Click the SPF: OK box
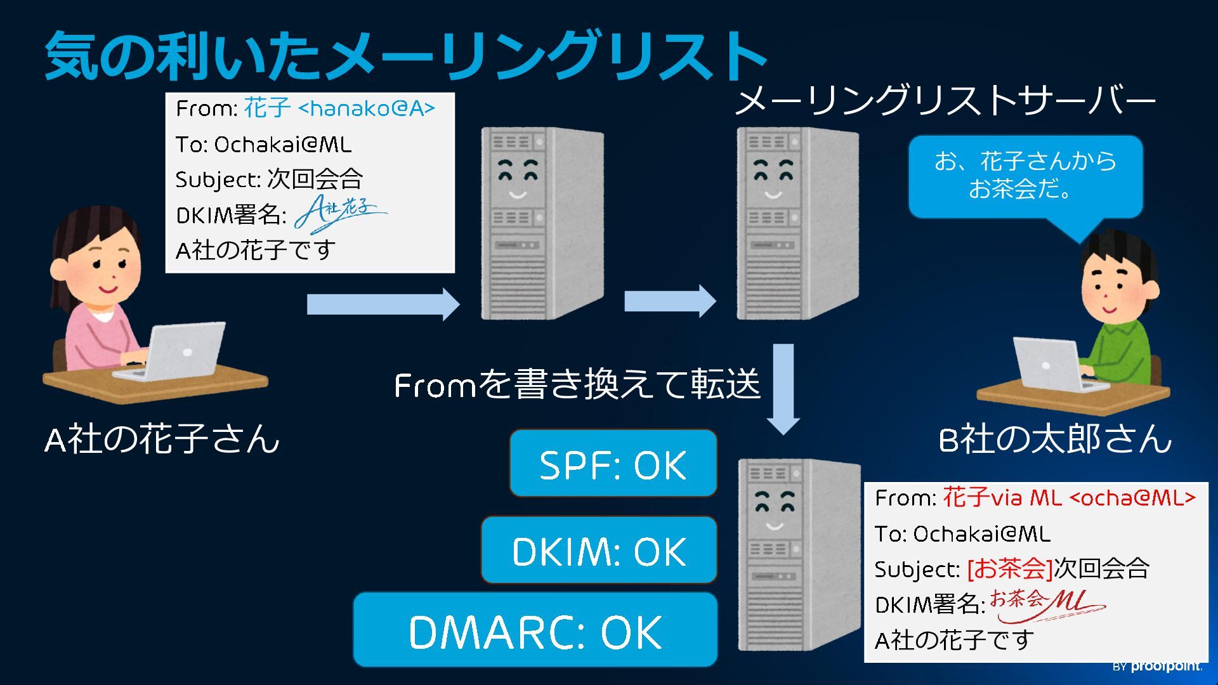(613, 464)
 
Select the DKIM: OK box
(599, 550)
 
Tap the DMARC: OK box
(535, 630)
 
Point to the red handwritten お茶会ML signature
(1047, 603)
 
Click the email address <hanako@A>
(367, 109)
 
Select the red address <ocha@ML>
(1132, 498)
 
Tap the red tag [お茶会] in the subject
(1009, 568)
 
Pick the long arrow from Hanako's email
(383, 304)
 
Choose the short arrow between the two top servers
(670, 301)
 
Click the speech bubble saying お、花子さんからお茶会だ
(1025, 176)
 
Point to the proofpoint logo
(1158, 666)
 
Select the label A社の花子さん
(162, 439)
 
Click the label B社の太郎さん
(1054, 439)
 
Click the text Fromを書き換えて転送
(577, 384)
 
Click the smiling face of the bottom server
(775, 511)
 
